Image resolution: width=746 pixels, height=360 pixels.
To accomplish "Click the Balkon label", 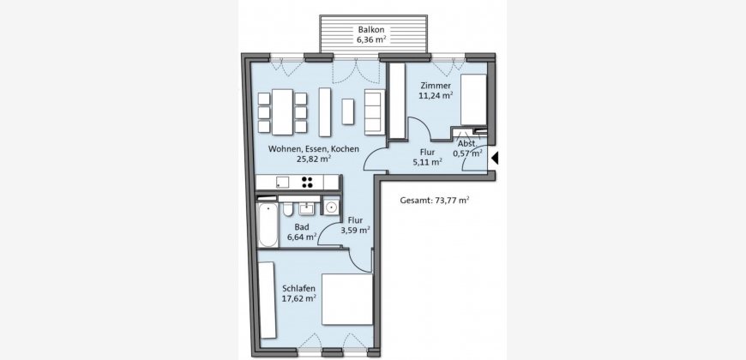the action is click(x=371, y=29).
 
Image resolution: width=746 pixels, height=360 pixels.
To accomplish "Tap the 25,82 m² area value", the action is click(x=314, y=159).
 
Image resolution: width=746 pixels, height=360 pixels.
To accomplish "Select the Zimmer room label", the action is click(x=436, y=86).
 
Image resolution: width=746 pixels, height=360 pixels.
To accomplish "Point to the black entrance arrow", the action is click(x=495, y=158).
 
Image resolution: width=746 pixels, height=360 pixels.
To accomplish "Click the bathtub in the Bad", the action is click(x=268, y=225).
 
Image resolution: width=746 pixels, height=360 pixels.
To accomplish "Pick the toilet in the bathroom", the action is click(x=288, y=209).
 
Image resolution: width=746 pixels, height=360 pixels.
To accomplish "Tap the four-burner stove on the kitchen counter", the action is click(x=307, y=182).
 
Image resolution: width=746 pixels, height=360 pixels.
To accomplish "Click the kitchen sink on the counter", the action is click(x=282, y=182).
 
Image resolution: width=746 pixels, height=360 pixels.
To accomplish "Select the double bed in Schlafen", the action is click(x=346, y=299).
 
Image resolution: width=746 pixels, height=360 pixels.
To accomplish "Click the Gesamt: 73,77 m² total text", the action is click(x=435, y=201).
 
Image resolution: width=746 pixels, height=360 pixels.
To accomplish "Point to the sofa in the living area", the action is click(x=374, y=111).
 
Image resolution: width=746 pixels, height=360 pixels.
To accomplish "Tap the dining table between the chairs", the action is click(x=282, y=111).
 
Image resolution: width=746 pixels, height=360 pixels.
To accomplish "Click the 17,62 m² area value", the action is click(x=299, y=298).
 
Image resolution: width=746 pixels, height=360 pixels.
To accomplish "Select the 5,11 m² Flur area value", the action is click(x=428, y=162).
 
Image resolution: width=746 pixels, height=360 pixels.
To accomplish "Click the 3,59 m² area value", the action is click(x=355, y=231).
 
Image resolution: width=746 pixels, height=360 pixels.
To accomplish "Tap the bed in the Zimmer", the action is click(x=473, y=99).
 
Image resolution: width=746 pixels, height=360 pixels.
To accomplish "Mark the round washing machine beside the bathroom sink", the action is click(x=332, y=207).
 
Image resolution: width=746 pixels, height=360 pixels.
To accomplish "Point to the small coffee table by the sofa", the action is click(x=348, y=111).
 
